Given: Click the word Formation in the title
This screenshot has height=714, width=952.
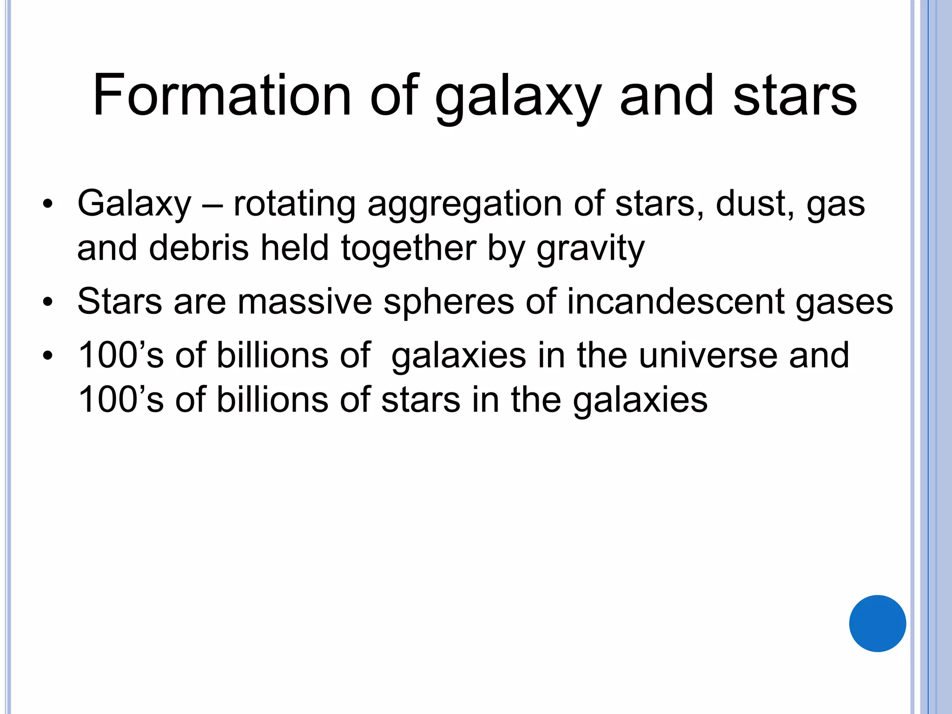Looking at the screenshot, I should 222,95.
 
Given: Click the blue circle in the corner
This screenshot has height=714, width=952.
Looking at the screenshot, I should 877,623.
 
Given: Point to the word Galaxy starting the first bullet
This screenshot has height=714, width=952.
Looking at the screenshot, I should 134,205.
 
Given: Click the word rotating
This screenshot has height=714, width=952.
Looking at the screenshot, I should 294,205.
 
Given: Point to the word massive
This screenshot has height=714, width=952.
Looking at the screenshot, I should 305,302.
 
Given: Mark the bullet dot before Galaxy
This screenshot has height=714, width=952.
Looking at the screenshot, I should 47,204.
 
